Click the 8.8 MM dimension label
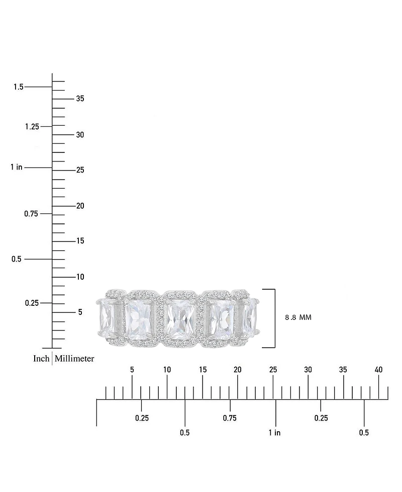(298, 317)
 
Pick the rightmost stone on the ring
(250, 316)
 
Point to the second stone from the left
(139, 318)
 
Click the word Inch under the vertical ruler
(41, 359)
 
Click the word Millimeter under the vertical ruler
(74, 359)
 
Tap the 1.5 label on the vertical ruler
(18, 87)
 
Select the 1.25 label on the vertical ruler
(32, 126)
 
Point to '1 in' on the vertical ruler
(16, 167)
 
